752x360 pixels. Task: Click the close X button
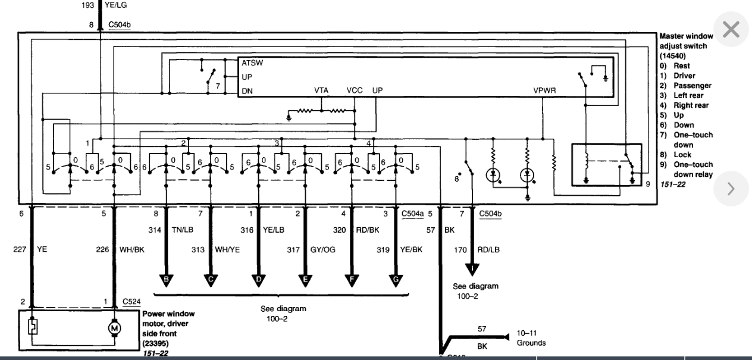tap(731, 30)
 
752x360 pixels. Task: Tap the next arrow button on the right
tap(731, 189)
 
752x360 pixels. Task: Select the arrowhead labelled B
tap(166, 279)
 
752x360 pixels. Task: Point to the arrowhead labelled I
tap(473, 270)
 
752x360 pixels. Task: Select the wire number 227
tap(20, 250)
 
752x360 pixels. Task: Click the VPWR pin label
tap(544, 90)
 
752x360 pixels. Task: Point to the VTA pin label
tap(321, 90)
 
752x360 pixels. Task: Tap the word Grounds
tap(531, 343)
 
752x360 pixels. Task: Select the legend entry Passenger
tap(692, 86)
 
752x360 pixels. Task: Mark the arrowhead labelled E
tap(305, 279)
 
